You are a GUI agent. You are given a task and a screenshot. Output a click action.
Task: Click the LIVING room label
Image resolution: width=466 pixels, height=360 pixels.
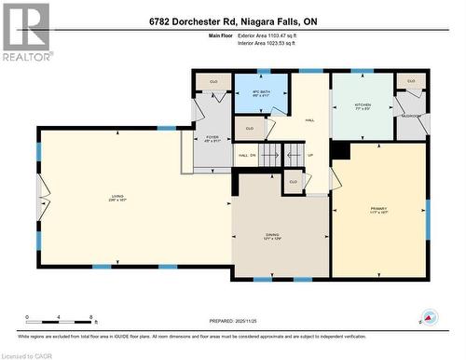click(116, 197)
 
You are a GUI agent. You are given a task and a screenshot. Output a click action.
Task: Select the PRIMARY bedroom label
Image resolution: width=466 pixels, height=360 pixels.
click(377, 208)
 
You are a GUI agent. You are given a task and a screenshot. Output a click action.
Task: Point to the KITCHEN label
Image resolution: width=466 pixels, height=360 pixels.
click(363, 106)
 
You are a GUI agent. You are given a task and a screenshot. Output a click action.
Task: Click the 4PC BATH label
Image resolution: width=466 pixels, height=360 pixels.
click(262, 93)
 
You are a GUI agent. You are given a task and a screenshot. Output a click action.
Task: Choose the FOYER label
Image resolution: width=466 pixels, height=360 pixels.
click(212, 140)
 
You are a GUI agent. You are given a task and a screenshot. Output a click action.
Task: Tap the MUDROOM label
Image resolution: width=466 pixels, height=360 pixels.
click(411, 116)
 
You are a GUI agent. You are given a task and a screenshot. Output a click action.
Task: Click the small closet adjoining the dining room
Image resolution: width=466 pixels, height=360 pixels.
click(294, 181)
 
